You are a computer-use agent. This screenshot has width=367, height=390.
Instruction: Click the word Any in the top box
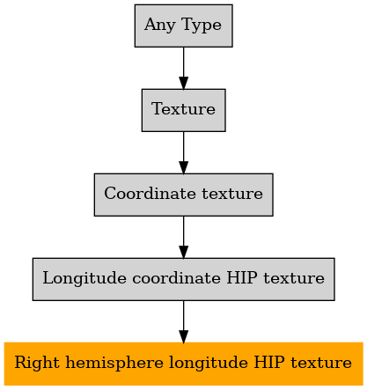(x=160, y=25)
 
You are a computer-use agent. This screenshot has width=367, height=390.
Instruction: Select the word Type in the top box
(x=202, y=25)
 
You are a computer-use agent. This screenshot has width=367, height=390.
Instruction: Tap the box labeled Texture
(x=184, y=110)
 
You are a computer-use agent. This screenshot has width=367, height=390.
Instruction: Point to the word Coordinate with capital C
(x=150, y=194)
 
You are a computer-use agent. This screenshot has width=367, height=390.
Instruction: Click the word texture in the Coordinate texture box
(x=232, y=194)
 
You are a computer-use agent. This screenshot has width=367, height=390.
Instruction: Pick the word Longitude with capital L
(x=84, y=278)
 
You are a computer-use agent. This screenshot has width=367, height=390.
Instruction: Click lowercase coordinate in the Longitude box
(x=176, y=278)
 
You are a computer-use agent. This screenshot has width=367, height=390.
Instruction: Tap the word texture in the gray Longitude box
(x=294, y=278)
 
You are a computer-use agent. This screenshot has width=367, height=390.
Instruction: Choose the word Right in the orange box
(x=37, y=363)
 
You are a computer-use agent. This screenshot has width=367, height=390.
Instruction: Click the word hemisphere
(x=114, y=363)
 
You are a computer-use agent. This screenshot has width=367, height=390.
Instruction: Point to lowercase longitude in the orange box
(x=209, y=363)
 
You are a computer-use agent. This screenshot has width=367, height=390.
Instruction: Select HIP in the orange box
(x=269, y=362)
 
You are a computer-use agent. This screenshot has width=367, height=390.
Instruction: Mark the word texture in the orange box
(x=321, y=363)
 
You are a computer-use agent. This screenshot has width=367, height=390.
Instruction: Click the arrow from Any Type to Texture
(x=184, y=68)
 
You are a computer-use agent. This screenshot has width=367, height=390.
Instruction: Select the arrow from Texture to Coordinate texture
(x=184, y=152)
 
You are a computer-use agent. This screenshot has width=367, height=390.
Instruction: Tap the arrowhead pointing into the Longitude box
(x=184, y=253)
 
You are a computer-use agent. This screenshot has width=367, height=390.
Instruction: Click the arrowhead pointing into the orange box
(x=184, y=336)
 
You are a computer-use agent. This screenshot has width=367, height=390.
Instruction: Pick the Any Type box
(x=184, y=26)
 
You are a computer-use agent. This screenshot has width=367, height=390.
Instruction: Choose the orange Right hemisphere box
(x=184, y=364)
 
